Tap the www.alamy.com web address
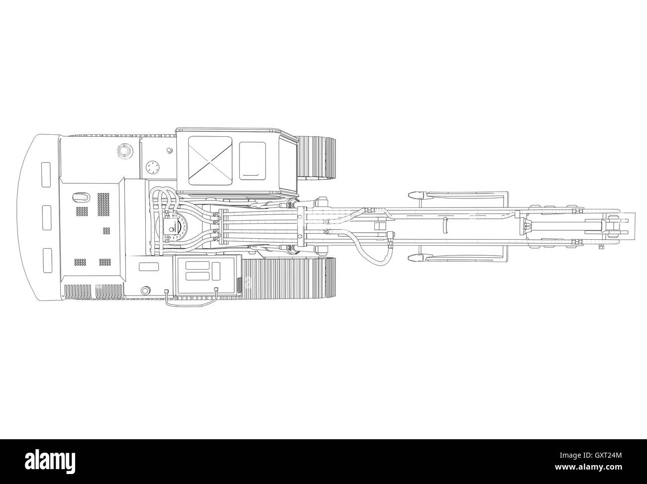[588, 467]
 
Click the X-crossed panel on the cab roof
[210, 161]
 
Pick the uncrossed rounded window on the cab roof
[252, 161]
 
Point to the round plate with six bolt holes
[153, 168]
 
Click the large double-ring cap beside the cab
[125, 151]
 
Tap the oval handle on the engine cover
[80, 197]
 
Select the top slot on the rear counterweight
[46, 175]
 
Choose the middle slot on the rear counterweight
[47, 217]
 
